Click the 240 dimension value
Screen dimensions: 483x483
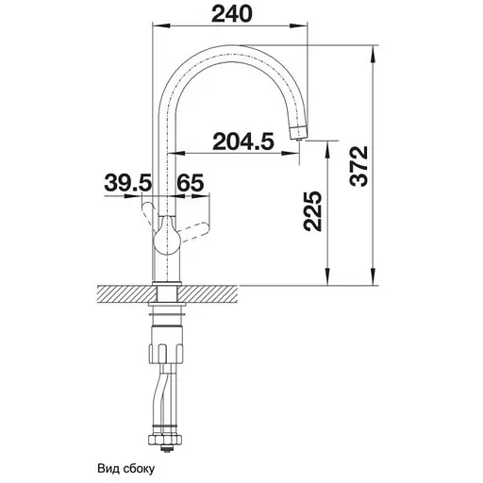pyautogui.click(x=232, y=14)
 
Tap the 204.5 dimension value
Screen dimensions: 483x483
pyautogui.click(x=243, y=142)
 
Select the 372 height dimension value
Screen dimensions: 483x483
pyautogui.click(x=358, y=166)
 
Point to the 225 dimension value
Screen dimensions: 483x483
pyautogui.click(x=312, y=211)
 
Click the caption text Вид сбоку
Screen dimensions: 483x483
pyautogui.click(x=126, y=469)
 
